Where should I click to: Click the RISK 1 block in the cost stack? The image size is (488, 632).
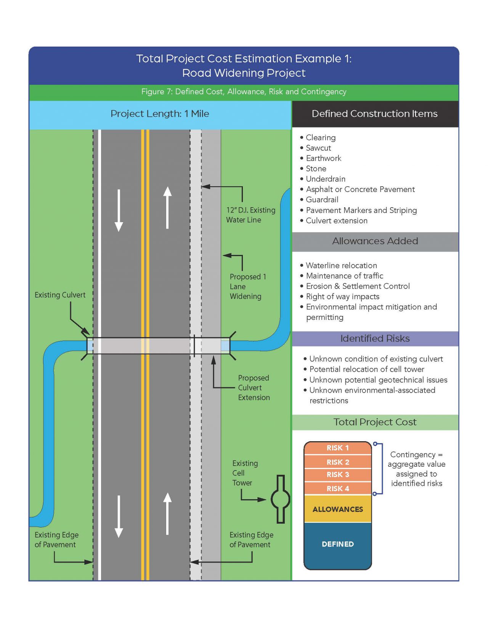point(337,448)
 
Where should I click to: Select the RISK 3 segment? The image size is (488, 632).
point(337,474)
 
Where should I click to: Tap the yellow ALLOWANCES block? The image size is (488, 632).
point(337,509)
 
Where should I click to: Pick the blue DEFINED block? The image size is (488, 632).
point(337,544)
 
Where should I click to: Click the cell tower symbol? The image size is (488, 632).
point(281,499)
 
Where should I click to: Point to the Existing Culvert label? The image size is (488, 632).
point(60,295)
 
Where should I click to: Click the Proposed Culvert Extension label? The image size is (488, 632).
point(254,387)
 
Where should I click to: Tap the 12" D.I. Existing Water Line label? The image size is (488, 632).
point(250,215)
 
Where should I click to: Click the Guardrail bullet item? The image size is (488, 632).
point(322,200)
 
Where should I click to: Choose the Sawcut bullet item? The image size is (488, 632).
point(318,148)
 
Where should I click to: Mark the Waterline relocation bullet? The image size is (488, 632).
point(341,266)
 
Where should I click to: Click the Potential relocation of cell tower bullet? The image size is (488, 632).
point(366,369)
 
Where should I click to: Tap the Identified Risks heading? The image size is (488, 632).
point(375,339)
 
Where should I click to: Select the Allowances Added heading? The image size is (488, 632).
point(375,241)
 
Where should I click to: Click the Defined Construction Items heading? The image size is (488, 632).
point(374,114)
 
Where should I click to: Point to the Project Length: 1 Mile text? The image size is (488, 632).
point(160,114)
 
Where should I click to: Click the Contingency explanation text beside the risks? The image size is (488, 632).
point(416,469)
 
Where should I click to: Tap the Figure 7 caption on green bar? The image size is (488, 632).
point(244,92)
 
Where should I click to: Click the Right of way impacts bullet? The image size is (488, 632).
point(342,297)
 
